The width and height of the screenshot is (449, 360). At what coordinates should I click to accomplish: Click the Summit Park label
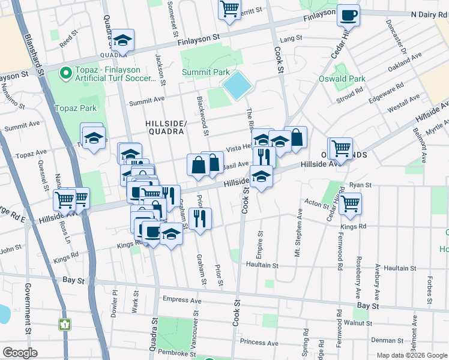206,73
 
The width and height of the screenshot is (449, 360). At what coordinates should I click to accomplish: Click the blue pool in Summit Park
237,86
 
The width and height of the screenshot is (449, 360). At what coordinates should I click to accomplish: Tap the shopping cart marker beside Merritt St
229,10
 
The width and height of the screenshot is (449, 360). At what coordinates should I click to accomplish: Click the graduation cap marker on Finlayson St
123,40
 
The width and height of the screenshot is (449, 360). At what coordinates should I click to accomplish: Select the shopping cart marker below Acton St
349,203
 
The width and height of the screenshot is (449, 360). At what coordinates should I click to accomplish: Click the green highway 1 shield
65,325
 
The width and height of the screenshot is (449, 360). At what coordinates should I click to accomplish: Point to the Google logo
20,353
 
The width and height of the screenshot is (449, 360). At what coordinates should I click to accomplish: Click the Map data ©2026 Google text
411,355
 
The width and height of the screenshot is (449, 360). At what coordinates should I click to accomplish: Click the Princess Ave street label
259,343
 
